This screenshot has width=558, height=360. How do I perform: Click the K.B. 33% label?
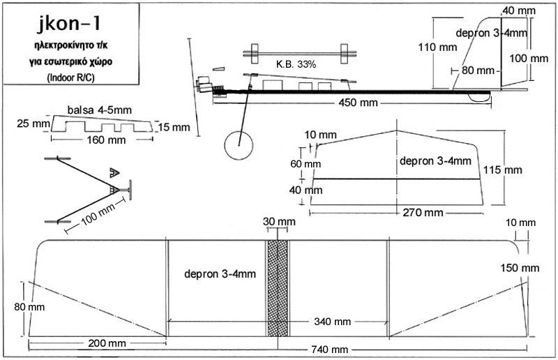click(296, 63)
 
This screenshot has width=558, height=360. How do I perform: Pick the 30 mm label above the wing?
click(278, 221)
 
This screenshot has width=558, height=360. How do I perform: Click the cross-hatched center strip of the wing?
click(278, 290)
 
